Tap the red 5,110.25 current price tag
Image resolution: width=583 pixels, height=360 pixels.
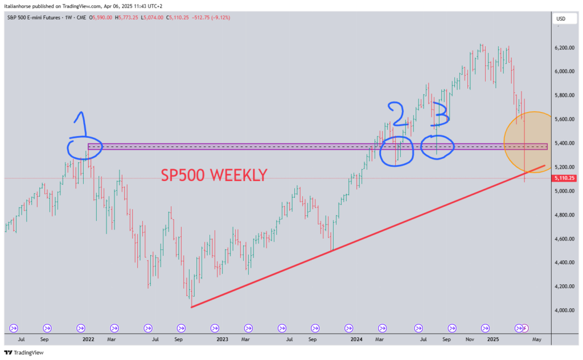tap(564, 178)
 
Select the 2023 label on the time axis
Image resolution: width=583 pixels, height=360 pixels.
tap(222, 339)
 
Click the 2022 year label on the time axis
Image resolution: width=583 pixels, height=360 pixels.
tap(88, 339)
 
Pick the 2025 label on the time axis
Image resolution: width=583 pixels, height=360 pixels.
tap(492, 339)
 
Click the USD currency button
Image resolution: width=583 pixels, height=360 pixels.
tap(561, 19)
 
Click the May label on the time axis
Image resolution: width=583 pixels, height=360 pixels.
tap(536, 339)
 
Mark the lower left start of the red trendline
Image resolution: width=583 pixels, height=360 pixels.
tap(192, 307)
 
